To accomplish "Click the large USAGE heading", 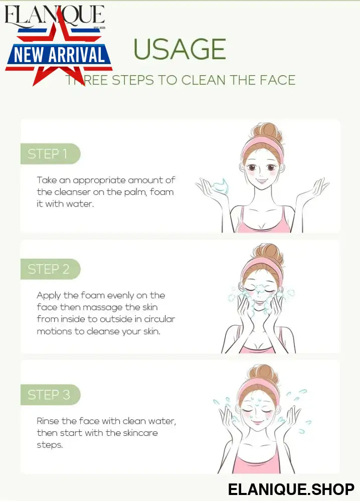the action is click(179, 49).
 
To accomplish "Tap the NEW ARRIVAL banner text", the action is click(60, 54).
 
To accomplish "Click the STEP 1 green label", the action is click(50, 154).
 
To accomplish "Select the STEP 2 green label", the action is click(50, 269).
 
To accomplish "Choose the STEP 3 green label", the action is click(50, 395).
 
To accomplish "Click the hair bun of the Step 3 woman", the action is click(264, 373).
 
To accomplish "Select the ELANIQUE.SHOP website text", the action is click(291, 489).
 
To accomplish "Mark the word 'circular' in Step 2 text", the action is click(159, 319).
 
